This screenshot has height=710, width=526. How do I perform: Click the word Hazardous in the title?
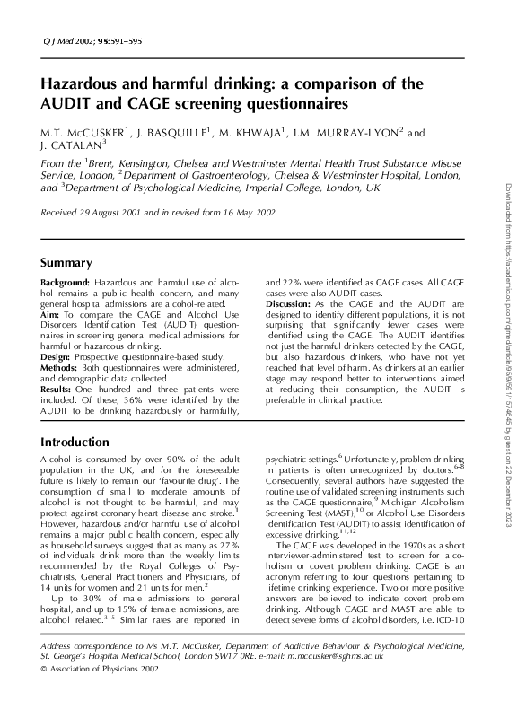click(x=85, y=84)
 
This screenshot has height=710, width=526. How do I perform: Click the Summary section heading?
click(x=66, y=263)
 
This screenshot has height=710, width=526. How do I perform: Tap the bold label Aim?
click(x=51, y=316)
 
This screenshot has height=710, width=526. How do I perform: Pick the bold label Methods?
click(x=60, y=368)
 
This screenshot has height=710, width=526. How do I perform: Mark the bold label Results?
click(x=58, y=390)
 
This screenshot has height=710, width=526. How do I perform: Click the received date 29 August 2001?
click(x=114, y=212)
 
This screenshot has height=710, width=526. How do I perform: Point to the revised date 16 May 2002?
click(x=256, y=212)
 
